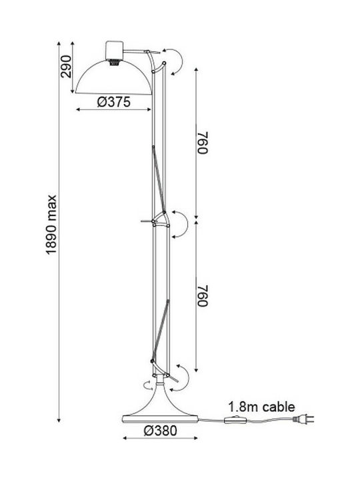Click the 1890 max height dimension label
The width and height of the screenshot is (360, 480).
tap(52, 225)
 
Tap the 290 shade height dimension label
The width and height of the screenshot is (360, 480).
tap(66, 67)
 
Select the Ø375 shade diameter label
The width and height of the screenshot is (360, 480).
tap(114, 102)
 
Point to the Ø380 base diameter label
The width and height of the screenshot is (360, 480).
tap(161, 431)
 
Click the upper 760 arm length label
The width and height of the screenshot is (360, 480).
tap(203, 143)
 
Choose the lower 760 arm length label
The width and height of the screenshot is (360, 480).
tap(203, 295)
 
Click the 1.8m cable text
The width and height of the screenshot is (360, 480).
tap(262, 407)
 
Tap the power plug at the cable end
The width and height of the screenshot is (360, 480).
tap(303, 419)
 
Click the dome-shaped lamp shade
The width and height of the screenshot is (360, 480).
tap(113, 78)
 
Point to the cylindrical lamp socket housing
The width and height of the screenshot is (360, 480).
tap(114, 50)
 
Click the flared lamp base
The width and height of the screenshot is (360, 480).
tap(161, 403)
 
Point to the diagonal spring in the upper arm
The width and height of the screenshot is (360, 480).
tap(159, 179)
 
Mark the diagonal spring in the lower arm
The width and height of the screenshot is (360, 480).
tap(160, 331)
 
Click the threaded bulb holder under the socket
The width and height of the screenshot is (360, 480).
tap(114, 62)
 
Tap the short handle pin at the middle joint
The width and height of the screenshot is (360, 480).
tap(147, 221)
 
